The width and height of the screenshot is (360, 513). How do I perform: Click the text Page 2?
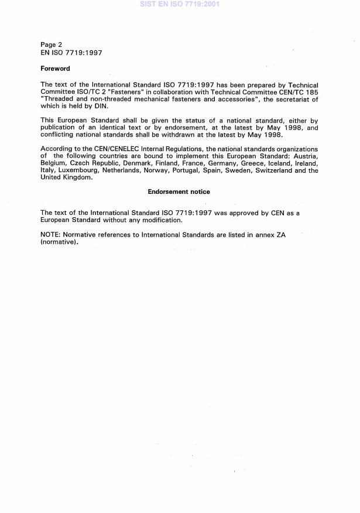pyautogui.click(x=51, y=45)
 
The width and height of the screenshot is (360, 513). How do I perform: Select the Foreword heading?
pyautogui.click(x=55, y=69)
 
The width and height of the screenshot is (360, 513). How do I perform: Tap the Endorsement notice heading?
pyautogui.click(x=179, y=191)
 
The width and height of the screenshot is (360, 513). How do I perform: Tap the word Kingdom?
pyautogui.click(x=77, y=177)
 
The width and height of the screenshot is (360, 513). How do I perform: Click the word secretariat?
pyautogui.click(x=291, y=100)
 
